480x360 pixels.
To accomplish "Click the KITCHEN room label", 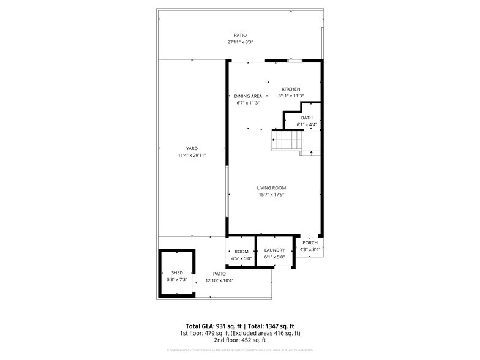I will [291, 89].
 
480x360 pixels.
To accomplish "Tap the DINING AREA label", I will [248, 96].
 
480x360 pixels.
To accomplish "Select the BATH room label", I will [306, 118].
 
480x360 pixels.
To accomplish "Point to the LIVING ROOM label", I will [271, 188].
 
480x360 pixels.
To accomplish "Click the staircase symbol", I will [286, 143].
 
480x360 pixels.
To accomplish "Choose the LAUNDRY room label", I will [274, 250].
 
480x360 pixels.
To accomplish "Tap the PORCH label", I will [310, 242].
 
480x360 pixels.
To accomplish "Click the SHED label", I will [177, 272].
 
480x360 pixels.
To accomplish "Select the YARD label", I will [192, 148].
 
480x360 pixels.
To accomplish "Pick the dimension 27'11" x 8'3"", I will [240, 42].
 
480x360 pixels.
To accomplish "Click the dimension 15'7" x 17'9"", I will [271, 195].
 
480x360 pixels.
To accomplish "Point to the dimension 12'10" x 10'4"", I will [219, 280].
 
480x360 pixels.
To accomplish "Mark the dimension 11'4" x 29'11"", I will [192, 156].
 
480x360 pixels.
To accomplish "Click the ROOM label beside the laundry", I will [241, 251].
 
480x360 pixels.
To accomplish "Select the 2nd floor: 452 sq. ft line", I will [240, 340].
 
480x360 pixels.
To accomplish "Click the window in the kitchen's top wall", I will [295, 61].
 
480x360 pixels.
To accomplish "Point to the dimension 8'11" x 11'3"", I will [291, 96].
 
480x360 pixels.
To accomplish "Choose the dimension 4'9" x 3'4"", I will [310, 249].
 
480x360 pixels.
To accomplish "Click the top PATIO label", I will [240, 35].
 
